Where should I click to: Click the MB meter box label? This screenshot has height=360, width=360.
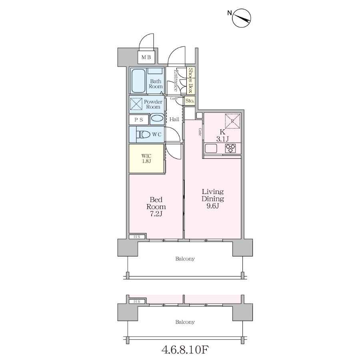[x=146, y=57]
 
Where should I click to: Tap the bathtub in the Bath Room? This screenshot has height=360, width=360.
[x=138, y=80]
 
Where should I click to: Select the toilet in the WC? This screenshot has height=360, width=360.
[x=143, y=134]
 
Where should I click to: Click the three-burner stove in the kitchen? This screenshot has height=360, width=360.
[x=230, y=148]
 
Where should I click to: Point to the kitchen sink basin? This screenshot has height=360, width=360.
[x=211, y=148]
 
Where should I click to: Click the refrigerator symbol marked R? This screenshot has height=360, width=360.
[x=232, y=121]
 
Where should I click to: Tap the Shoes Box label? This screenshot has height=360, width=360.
[x=190, y=80]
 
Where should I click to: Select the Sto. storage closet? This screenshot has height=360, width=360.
[x=190, y=100]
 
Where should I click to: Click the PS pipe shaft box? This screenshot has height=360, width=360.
[x=139, y=120]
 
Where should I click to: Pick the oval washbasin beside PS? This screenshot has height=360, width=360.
[x=157, y=118]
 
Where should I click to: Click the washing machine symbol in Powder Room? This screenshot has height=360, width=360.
[x=136, y=104]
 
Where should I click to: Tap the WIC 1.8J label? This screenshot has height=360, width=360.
[x=146, y=158]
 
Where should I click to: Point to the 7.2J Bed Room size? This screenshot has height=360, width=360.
[x=156, y=214]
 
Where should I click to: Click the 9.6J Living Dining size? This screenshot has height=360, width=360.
[x=213, y=206]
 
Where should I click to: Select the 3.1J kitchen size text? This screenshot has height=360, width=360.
[x=222, y=139]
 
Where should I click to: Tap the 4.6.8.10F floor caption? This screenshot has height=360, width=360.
[x=185, y=350]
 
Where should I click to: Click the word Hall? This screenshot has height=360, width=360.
[x=174, y=119]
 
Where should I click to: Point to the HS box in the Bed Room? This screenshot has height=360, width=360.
[x=137, y=237]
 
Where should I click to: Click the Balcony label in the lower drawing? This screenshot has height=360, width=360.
[x=185, y=322]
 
